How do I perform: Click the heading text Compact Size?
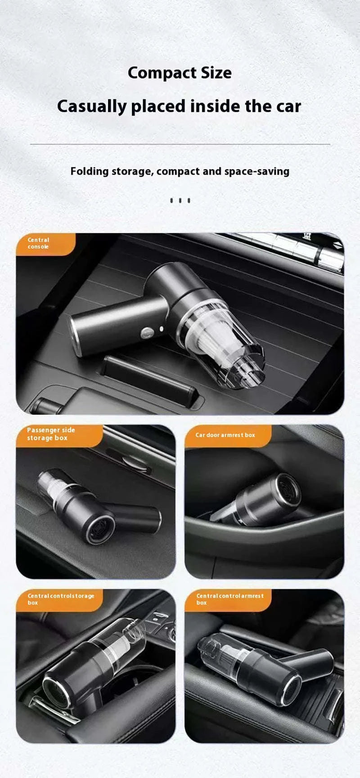click(x=180, y=73)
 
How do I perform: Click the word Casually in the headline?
click(x=92, y=107)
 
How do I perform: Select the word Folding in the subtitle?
click(x=90, y=171)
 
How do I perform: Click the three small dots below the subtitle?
click(x=180, y=201)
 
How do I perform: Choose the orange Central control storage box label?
click(x=58, y=599)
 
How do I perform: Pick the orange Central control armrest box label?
click(x=227, y=599)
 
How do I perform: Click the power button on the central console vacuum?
click(x=146, y=333)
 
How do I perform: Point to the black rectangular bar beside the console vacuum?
click(x=148, y=380)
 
